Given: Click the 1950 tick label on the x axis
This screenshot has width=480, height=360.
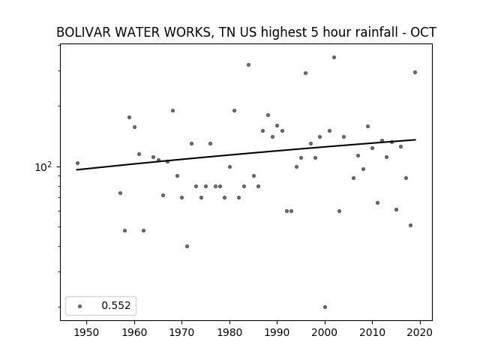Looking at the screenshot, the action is click(86, 332).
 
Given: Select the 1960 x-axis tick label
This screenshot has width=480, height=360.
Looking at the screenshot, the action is click(134, 332).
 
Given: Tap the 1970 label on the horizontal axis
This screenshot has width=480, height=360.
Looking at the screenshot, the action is click(181, 332).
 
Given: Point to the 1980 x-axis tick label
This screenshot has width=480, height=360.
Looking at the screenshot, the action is click(229, 332).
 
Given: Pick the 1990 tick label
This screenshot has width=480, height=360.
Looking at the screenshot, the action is click(277, 332).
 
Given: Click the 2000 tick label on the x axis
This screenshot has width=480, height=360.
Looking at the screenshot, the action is click(325, 332).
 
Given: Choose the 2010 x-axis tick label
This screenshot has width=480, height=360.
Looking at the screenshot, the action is click(372, 332).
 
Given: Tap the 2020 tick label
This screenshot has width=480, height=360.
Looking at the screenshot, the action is click(420, 332).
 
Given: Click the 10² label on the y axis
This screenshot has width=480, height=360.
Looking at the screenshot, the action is click(43, 166).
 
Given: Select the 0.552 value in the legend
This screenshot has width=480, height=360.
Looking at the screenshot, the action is click(116, 305).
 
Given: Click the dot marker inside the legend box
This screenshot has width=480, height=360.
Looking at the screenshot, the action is click(80, 306).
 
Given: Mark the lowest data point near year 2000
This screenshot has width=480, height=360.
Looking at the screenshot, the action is click(325, 307).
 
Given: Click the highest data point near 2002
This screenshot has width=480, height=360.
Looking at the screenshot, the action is click(334, 57).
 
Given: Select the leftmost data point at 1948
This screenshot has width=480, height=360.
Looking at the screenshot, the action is click(77, 163).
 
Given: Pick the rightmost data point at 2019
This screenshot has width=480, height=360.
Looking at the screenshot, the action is click(415, 73).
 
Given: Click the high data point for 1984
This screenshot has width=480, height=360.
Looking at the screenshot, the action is click(248, 65).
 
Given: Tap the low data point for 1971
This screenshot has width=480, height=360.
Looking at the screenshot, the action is click(187, 247).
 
